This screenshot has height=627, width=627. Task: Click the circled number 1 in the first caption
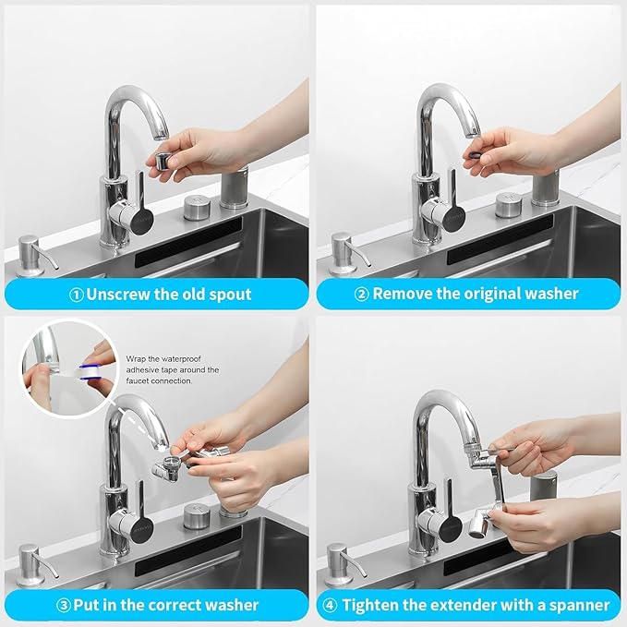click(76, 295)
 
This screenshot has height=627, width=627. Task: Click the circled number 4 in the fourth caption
click(331, 606)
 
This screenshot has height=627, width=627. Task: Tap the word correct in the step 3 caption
click(163, 606)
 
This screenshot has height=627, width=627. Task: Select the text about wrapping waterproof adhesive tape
click(172, 369)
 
